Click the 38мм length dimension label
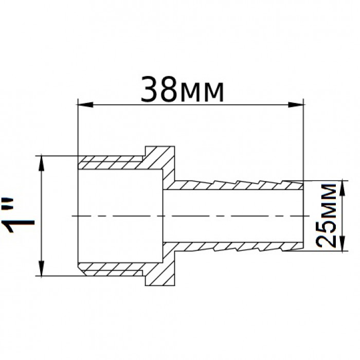pos(182,89)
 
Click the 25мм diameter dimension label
pos(326,215)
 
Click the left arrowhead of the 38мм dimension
pos(85,105)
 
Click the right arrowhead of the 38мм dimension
pos(296,105)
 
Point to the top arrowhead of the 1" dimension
pos(41,163)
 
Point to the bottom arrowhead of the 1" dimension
pos(41,268)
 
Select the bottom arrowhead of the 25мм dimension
pos(343,243)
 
